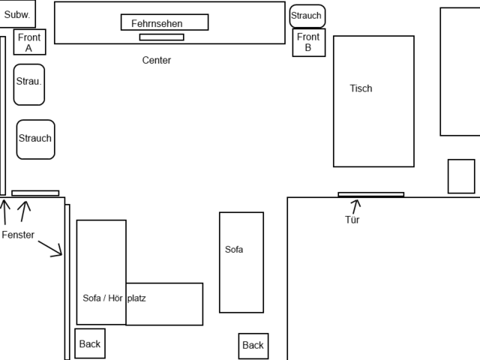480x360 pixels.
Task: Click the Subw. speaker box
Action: (16, 14)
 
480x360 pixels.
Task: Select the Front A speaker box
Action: (29, 42)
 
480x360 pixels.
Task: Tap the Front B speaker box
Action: (307, 42)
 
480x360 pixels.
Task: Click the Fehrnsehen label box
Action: (164, 22)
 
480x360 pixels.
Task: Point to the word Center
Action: (157, 60)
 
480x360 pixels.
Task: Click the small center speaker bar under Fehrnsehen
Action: (161, 37)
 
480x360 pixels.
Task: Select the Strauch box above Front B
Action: (307, 16)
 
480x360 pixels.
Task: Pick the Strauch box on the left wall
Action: (35, 139)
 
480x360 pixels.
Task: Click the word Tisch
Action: (361, 88)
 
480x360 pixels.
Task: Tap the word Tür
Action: (352, 220)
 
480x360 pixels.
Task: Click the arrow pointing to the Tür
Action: (355, 205)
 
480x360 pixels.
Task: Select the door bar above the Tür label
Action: (370, 194)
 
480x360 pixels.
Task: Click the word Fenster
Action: (18, 235)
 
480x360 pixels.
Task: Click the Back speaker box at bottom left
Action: (89, 344)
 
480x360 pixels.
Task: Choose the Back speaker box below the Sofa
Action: (253, 346)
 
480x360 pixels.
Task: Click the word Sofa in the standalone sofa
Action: (234, 250)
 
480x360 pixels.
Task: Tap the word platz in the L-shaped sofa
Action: (137, 298)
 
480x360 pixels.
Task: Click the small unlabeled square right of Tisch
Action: (461, 176)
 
